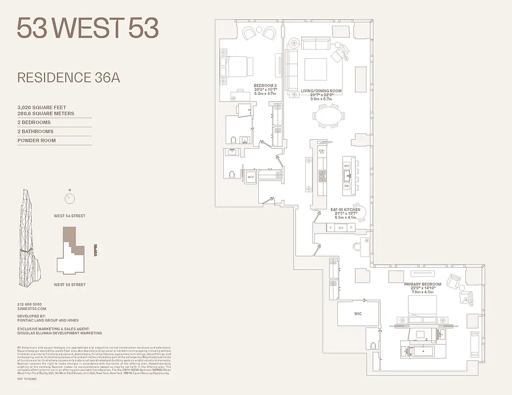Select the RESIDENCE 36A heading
(x=69, y=78)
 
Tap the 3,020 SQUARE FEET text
(x=42, y=107)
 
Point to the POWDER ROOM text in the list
(x=37, y=141)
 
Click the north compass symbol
(x=70, y=198)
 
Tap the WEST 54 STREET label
(x=70, y=216)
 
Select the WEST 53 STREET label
(x=70, y=285)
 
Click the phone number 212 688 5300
(x=30, y=304)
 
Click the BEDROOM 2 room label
(x=265, y=85)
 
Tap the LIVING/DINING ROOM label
(x=321, y=91)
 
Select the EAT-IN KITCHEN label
(x=345, y=210)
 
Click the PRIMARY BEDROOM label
(x=422, y=284)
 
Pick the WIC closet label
(x=358, y=314)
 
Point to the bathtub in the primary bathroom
(x=417, y=351)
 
